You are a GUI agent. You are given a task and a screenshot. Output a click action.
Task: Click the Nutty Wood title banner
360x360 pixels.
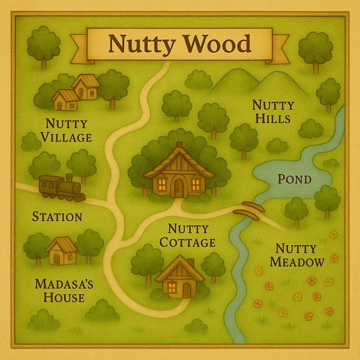tap(179, 45)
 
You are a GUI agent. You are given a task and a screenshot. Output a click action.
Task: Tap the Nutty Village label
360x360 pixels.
tap(66, 130)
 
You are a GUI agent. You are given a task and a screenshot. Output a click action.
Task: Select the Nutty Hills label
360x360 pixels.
tap(273, 111)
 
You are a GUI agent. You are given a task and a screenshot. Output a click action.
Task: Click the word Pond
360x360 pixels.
tap(294, 179)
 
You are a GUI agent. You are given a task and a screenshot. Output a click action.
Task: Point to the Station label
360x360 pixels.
tap(57, 216)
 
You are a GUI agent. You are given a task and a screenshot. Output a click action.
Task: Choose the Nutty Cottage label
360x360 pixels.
tap(188, 235)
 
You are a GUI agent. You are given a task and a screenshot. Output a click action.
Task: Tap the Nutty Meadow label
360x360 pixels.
tap(300, 255)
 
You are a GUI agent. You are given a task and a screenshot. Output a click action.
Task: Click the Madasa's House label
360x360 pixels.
tap(64, 290)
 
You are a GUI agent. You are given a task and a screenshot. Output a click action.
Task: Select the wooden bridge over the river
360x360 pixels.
tap(248, 210)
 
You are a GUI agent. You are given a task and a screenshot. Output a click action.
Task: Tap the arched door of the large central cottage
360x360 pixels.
tap(179, 186)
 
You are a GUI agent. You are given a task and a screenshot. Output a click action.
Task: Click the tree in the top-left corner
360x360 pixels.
tap(43, 45)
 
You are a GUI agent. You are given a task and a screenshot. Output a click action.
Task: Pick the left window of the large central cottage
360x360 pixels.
tap(161, 184)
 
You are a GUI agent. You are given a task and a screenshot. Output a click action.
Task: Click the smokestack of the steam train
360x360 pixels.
tap(69, 179)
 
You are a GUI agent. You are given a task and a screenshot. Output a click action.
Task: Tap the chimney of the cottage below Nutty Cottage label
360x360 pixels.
tap(190, 263)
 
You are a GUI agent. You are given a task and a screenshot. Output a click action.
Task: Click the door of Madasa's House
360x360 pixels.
tap(57, 259)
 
